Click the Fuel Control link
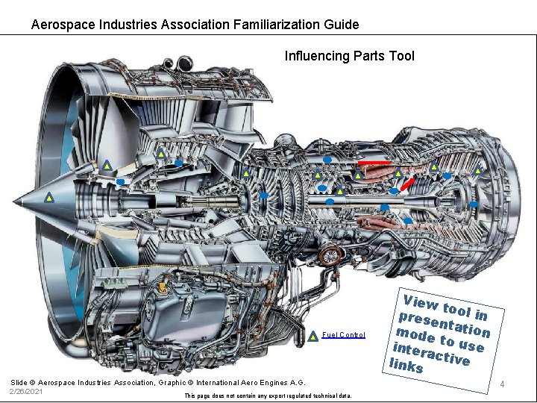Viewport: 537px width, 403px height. [x=343, y=335]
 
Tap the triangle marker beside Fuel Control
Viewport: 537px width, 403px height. [x=314, y=335]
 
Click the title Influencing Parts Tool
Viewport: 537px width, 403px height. [x=349, y=56]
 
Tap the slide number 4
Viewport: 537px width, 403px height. [x=503, y=384]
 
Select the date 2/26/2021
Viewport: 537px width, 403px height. [x=26, y=391]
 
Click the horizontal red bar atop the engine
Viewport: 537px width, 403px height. [x=374, y=162]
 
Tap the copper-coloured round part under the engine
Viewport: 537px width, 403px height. [x=328, y=257]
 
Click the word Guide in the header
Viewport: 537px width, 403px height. [x=342, y=25]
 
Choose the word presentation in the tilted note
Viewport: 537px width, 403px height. [x=445, y=321]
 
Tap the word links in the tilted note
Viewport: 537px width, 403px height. [x=407, y=365]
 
